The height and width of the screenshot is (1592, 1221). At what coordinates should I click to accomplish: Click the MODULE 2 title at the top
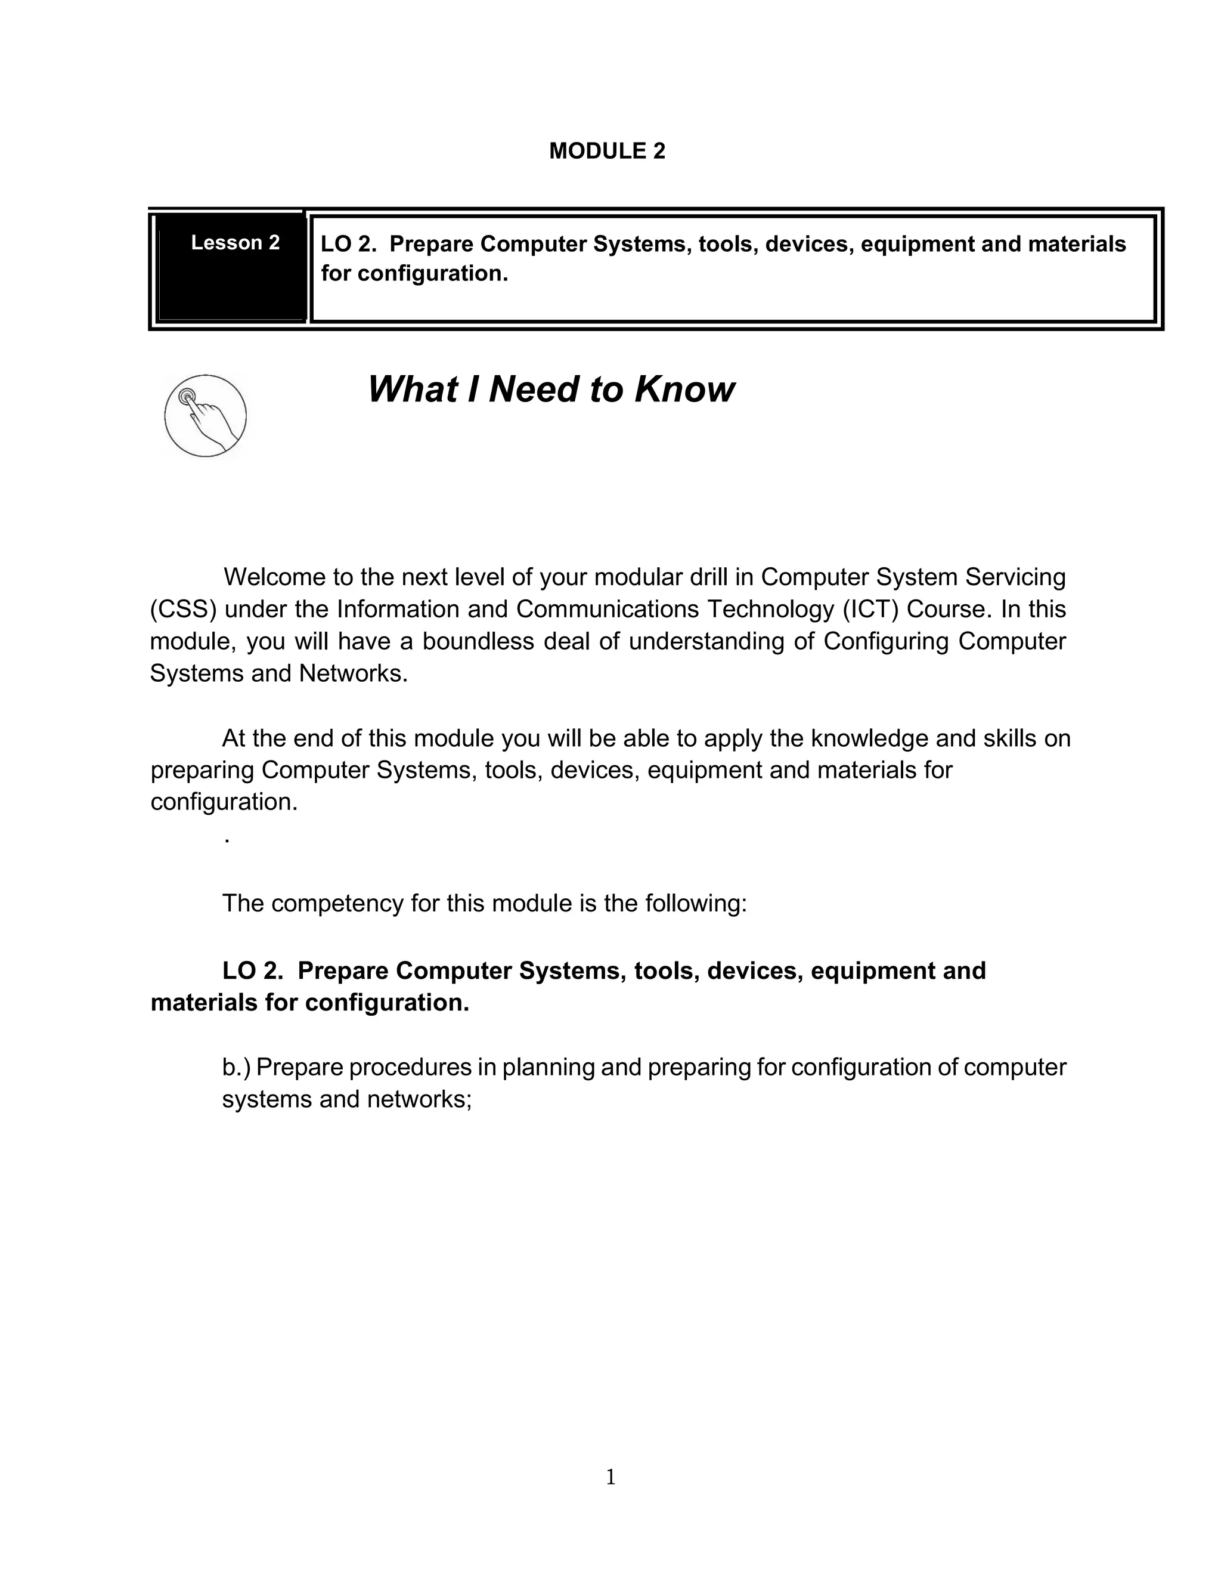(x=607, y=151)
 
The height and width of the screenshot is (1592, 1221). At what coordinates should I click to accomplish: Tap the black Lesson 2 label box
(x=232, y=266)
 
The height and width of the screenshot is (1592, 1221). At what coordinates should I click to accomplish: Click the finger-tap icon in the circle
(x=206, y=416)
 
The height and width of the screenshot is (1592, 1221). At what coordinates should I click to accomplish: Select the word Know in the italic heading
(x=684, y=390)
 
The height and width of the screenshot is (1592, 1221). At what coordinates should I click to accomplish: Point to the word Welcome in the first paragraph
(x=274, y=577)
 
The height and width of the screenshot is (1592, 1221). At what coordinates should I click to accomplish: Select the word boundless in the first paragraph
(x=478, y=641)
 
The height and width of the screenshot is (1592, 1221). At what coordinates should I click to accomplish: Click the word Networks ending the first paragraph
(x=353, y=674)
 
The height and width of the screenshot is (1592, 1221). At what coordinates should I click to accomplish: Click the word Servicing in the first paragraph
(x=1015, y=577)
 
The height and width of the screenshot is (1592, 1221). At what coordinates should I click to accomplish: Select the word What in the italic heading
(x=413, y=390)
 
